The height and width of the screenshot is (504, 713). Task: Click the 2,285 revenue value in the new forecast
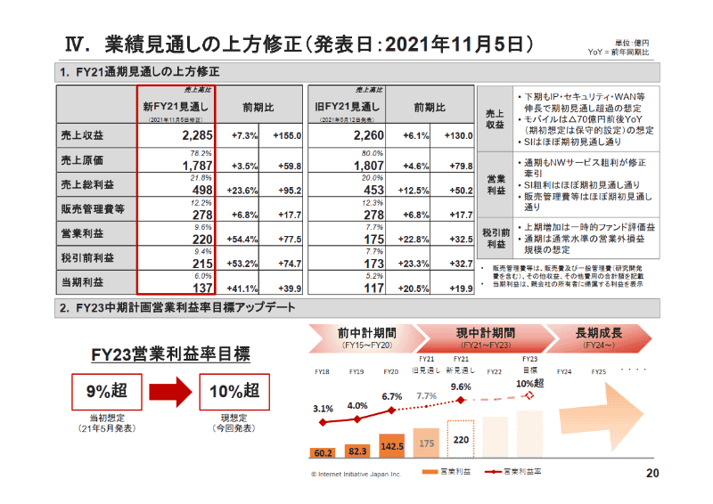tap(195, 136)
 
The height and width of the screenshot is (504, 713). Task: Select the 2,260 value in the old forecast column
tap(367, 136)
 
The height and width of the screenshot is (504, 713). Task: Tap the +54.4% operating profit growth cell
tap(243, 239)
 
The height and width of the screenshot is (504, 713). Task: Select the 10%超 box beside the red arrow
tap(234, 390)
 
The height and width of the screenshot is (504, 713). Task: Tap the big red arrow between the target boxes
tap(169, 390)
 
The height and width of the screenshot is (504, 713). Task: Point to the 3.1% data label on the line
tap(323, 409)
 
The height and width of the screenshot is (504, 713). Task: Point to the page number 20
tap(652, 472)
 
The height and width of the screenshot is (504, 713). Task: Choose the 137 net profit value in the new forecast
tap(201, 288)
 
